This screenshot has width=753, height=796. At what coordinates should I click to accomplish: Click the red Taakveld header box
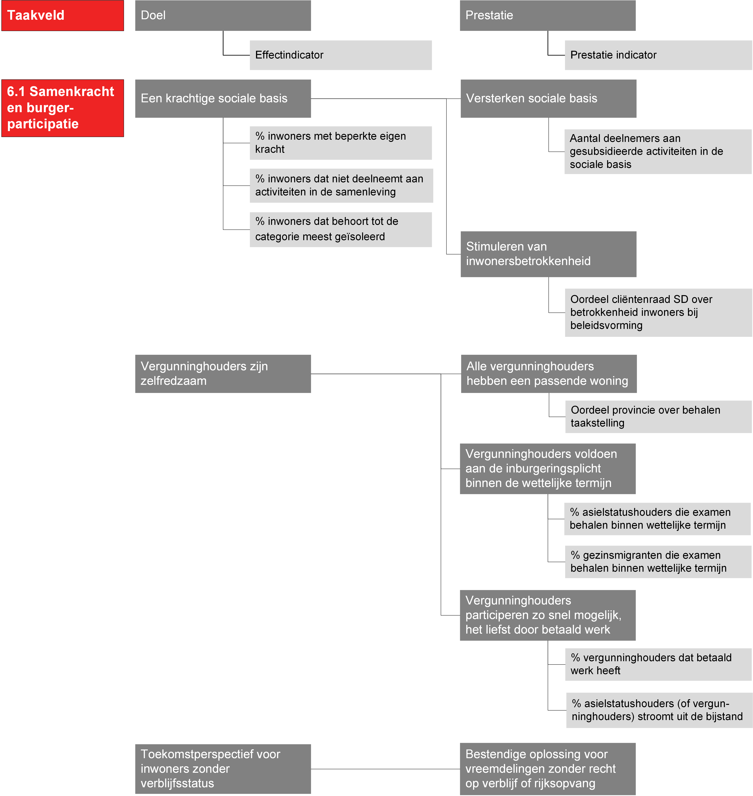[x=63, y=15]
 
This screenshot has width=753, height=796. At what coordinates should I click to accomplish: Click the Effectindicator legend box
[x=341, y=55]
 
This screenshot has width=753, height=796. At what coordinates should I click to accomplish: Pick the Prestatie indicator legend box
[x=658, y=55]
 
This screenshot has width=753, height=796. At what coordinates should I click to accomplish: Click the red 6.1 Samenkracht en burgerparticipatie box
[x=63, y=108]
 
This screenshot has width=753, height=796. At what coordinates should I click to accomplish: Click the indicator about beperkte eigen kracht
[x=341, y=143]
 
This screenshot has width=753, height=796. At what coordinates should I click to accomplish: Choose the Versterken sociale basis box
[x=548, y=98]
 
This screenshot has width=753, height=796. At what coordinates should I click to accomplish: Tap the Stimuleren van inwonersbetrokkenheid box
[x=548, y=254]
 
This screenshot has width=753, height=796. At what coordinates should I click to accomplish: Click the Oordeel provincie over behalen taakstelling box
[x=658, y=417]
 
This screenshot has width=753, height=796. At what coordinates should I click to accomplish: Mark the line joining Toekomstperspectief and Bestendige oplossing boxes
[x=385, y=769]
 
